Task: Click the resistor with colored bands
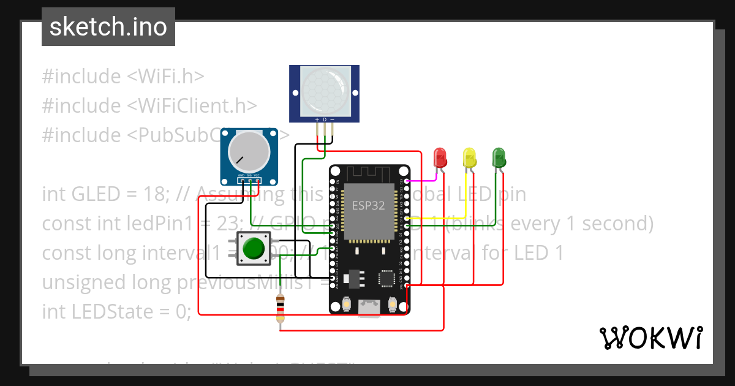pos(281,308)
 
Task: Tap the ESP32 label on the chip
pos(368,205)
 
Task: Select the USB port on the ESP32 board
pos(369,306)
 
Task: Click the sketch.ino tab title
pos(108,27)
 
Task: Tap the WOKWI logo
pos(650,338)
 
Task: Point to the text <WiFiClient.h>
pos(192,105)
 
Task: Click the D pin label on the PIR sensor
pos(325,119)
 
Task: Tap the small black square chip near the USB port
pos(387,279)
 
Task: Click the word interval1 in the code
pos(178,252)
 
